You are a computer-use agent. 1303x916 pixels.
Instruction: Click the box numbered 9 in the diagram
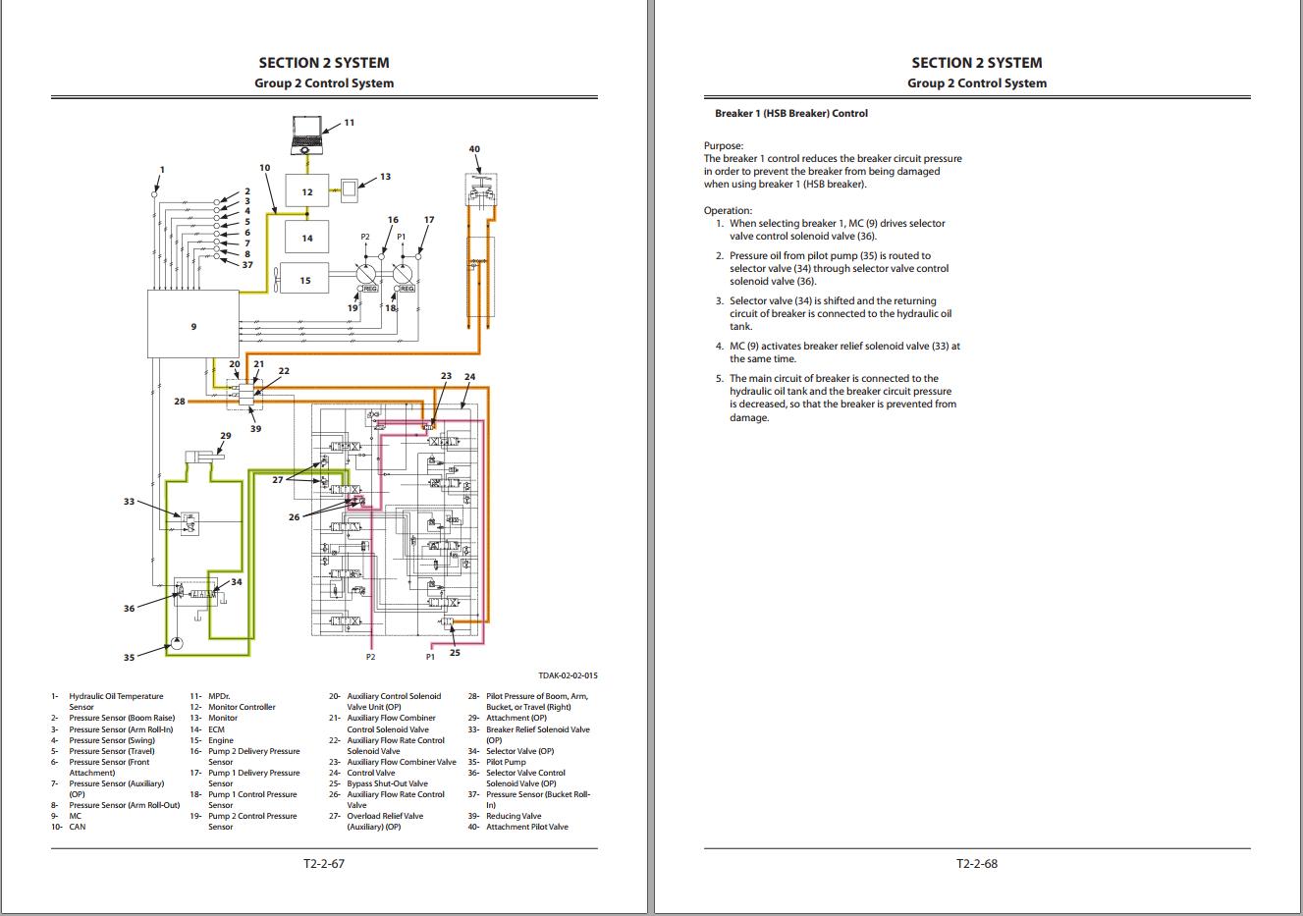[x=192, y=324]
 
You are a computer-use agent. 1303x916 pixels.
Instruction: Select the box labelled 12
[x=307, y=192]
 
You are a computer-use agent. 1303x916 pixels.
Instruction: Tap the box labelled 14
[x=307, y=238]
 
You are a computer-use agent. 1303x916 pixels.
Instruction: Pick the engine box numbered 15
[x=306, y=281]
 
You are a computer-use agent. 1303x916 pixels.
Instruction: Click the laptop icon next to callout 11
[x=309, y=133]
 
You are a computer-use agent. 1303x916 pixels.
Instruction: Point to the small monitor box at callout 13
[x=352, y=188]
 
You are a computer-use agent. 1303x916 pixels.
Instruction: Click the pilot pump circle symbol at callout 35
[x=174, y=643]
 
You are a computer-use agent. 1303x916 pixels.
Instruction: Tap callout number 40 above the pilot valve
[x=474, y=149]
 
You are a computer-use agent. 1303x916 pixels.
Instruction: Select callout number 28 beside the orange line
[x=180, y=402]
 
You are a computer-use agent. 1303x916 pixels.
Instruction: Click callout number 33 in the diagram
[x=129, y=502]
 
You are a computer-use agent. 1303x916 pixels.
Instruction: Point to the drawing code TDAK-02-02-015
[x=568, y=675]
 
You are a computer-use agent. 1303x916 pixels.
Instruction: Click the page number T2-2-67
[x=324, y=864]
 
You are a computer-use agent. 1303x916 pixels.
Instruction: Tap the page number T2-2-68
[x=977, y=864]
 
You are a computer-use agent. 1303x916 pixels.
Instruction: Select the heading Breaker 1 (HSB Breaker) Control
[x=790, y=113]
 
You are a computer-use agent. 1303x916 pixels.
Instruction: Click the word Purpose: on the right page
[x=724, y=145]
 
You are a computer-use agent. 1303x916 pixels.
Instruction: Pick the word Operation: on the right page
[x=728, y=210]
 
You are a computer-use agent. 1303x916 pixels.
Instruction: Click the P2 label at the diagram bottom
[x=370, y=656]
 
